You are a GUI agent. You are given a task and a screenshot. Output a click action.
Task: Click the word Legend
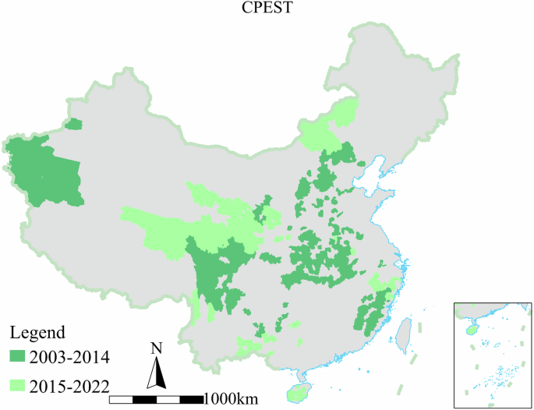(39, 333)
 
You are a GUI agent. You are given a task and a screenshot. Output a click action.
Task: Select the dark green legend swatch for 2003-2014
(17, 357)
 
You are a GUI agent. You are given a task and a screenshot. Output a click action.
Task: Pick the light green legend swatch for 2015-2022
(17, 383)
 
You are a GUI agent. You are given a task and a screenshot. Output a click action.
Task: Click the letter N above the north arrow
(157, 348)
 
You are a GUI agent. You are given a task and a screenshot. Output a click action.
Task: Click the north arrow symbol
(157, 373)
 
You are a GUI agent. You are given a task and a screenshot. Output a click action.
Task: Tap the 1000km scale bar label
(231, 399)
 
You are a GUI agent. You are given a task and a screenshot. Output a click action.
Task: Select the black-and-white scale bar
(156, 400)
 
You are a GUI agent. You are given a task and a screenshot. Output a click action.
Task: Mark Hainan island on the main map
(297, 391)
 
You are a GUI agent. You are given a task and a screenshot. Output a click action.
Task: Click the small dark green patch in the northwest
(73, 124)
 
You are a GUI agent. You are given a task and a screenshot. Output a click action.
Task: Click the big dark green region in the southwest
(214, 269)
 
